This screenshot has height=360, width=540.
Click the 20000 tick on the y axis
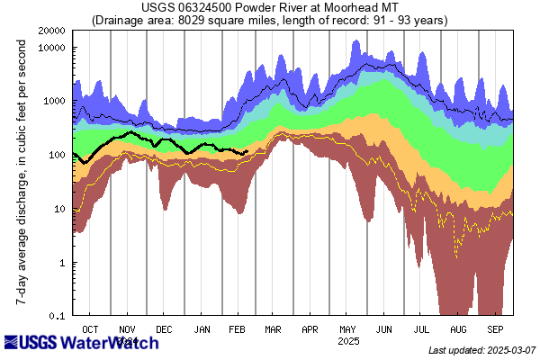pos(51,31)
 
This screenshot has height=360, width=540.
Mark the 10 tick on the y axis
pos(61,209)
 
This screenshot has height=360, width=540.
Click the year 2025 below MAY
pos(348,342)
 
